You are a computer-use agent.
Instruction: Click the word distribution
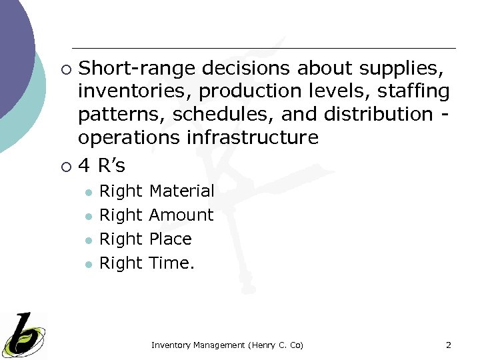pyautogui.click(x=378, y=114)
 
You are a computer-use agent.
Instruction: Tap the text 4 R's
pyautogui.click(x=101, y=164)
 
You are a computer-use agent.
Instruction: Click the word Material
pyautogui.click(x=181, y=191)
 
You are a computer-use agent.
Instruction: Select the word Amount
pyautogui.click(x=181, y=215)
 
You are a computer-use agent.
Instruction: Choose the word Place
pyautogui.click(x=170, y=239)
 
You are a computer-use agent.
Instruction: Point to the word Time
pyautogui.click(x=171, y=263)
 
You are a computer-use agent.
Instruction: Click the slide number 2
pyautogui.click(x=448, y=345)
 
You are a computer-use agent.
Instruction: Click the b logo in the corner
pyautogui.click(x=23, y=333)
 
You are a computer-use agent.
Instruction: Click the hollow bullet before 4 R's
pyautogui.click(x=65, y=165)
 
